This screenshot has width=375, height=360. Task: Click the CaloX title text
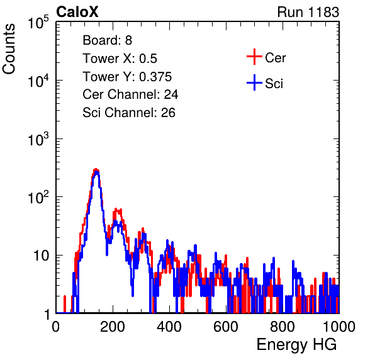(x=77, y=12)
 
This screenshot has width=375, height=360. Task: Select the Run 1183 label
(x=308, y=12)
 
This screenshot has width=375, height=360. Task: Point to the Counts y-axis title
(x=9, y=49)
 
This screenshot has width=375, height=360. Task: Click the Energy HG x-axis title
(x=296, y=345)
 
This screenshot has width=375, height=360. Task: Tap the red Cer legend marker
(x=254, y=57)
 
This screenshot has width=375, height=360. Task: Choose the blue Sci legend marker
(x=254, y=83)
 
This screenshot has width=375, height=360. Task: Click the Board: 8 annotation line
(x=108, y=40)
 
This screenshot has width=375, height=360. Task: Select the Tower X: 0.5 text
(x=120, y=59)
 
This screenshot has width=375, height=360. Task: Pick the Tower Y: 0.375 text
(x=127, y=77)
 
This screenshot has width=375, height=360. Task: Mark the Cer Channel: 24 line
(x=130, y=94)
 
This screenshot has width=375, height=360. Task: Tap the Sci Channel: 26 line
(x=129, y=113)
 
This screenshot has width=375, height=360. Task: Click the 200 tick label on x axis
(x=113, y=327)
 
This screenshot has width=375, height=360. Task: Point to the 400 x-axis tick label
(x=169, y=327)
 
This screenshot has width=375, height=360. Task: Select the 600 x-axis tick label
(x=226, y=327)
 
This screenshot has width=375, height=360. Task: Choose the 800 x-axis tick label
(x=283, y=327)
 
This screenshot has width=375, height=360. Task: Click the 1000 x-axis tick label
(x=339, y=327)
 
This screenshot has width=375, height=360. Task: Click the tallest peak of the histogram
(x=96, y=169)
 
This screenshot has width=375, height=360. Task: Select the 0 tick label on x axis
(x=56, y=327)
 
